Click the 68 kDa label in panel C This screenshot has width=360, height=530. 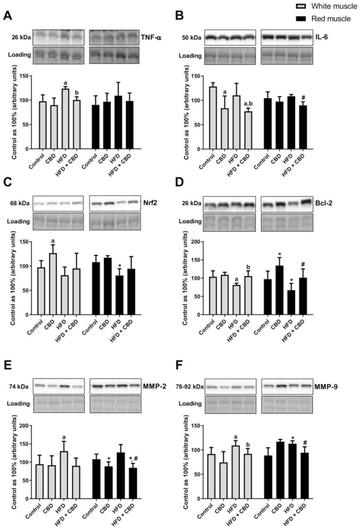click(x=20, y=203)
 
